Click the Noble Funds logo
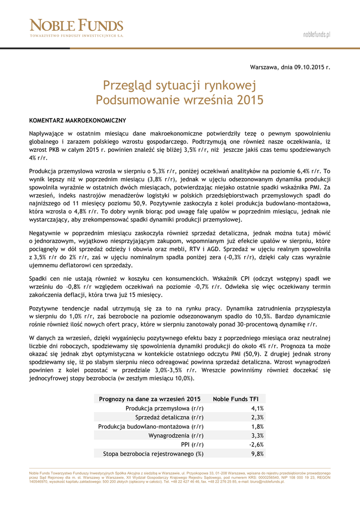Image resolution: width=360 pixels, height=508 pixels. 76,28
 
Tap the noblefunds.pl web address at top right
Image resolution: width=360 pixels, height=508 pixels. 316,34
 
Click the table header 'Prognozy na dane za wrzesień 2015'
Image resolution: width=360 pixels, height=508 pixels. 149,399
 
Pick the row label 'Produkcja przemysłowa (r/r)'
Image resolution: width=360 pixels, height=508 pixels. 164,408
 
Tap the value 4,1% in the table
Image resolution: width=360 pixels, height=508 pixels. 257,408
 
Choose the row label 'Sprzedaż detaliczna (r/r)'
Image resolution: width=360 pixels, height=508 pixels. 169,417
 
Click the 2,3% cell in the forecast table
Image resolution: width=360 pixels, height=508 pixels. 257,417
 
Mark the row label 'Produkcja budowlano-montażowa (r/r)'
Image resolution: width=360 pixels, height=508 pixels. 151,426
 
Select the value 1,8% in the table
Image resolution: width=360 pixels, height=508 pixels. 257,426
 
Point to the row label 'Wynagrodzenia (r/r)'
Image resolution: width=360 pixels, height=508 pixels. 176,436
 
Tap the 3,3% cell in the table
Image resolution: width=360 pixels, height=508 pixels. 257,436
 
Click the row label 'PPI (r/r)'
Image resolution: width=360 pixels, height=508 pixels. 192,444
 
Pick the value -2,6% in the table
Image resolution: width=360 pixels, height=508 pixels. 256,444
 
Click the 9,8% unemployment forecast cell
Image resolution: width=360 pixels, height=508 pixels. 257,453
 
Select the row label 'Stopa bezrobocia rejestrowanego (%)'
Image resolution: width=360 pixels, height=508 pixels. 153,453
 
